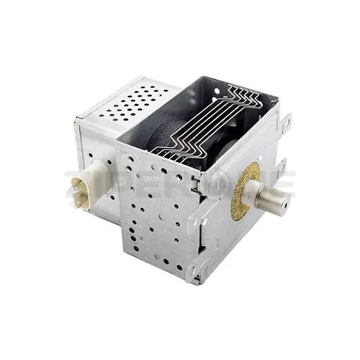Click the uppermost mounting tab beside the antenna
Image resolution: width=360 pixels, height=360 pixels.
286,124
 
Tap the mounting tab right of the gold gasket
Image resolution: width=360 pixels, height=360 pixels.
280,168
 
